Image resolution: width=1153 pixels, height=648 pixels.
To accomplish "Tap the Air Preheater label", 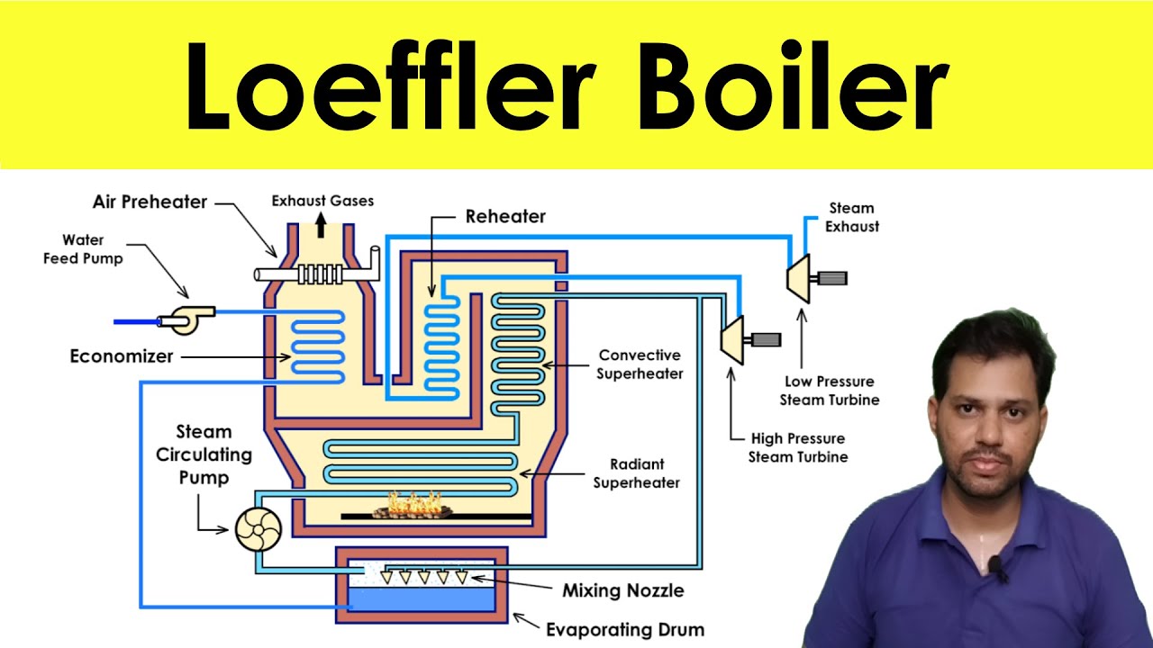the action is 150,202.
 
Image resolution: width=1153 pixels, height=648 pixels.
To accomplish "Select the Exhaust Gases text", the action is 322,201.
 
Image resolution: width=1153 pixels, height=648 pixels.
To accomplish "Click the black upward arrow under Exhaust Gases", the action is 322,225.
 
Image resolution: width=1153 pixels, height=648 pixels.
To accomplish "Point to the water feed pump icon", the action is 186,319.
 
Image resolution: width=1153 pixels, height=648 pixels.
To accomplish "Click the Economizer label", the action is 122,355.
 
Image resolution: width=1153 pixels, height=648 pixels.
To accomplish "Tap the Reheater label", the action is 505,217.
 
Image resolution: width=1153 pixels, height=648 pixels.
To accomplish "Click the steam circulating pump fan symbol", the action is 259,529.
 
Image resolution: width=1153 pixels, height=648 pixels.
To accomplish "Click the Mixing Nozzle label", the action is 623,590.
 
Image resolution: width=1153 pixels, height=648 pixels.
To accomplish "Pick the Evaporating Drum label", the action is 625,629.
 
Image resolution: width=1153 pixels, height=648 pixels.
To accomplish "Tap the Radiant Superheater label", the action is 637,473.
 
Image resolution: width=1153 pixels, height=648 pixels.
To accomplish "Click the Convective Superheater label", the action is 640,364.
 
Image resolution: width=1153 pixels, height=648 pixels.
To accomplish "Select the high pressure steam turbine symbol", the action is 732,340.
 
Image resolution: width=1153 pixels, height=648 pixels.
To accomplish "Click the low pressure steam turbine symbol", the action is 798,278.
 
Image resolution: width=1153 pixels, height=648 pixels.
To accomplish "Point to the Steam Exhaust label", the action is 852,217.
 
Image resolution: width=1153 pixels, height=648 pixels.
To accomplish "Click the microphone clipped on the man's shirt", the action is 997,567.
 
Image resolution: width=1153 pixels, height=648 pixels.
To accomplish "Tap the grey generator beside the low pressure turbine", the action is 832,278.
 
